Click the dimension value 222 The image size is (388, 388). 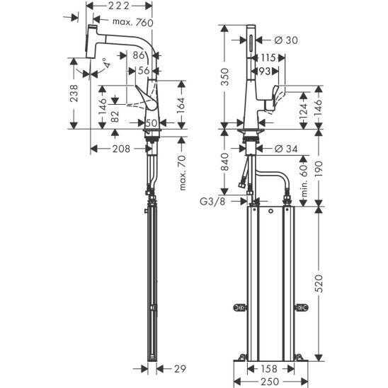(x=119, y=6)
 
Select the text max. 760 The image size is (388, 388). (x=133, y=23)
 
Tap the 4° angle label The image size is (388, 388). (x=107, y=63)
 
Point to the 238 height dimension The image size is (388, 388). (x=74, y=93)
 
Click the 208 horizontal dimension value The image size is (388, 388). (x=121, y=149)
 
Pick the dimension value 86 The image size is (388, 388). (x=139, y=55)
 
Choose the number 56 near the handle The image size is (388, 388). (x=144, y=71)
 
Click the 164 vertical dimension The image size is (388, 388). (x=181, y=105)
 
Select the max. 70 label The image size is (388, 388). (x=183, y=173)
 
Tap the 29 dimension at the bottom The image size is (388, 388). (x=180, y=369)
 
